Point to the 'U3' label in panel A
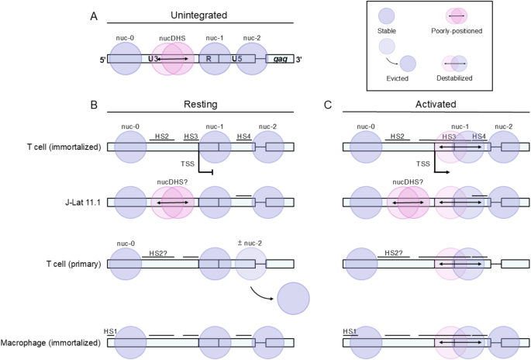pyautogui.click(x=154, y=59)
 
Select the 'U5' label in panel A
pyautogui.click(x=235, y=59)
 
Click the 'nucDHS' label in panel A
pyautogui.click(x=171, y=37)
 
